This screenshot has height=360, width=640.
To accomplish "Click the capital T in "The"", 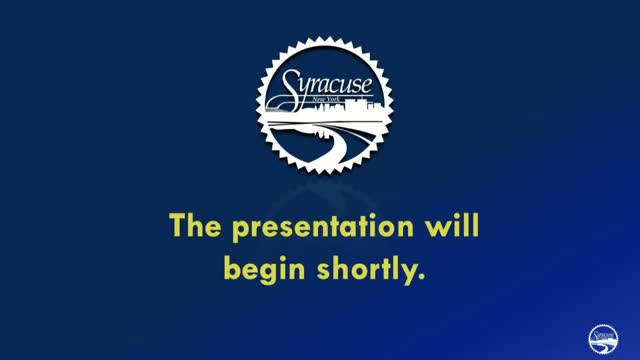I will point(177,227).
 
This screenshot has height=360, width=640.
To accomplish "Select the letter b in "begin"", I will point(232,268).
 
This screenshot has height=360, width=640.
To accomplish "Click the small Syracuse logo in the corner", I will point(603,338).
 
